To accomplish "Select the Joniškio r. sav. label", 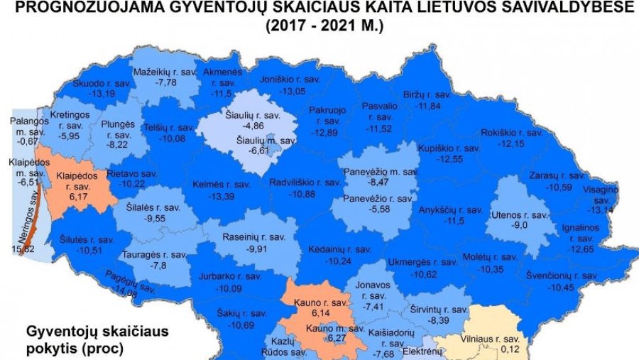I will coord(290,80).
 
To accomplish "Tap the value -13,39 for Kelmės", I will coord(222,196).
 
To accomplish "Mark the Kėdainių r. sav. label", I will coord(340,249).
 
